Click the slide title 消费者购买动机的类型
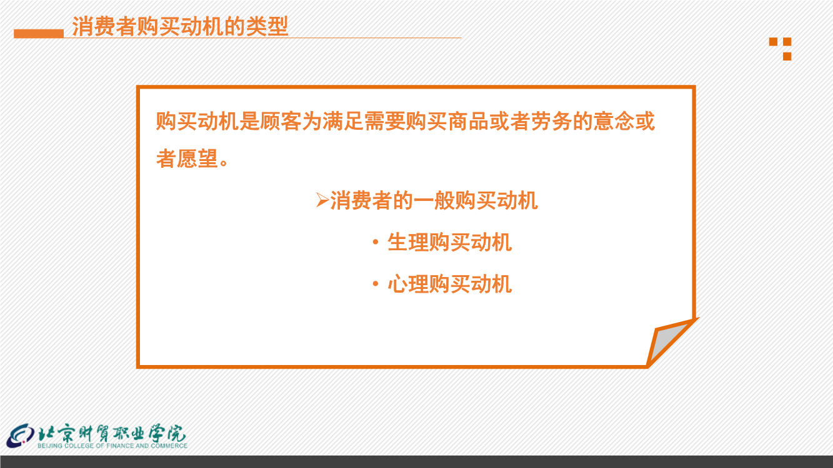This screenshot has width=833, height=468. point(180,26)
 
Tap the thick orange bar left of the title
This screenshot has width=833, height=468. point(39,34)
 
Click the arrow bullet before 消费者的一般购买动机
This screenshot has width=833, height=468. point(322,200)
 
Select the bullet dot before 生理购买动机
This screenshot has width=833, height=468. point(375,242)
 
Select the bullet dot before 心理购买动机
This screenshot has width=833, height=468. point(375,284)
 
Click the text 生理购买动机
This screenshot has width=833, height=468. point(449,242)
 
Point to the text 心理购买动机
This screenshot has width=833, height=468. point(449,284)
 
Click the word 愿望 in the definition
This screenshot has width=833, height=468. point(197,158)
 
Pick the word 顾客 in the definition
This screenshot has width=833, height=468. point(281,121)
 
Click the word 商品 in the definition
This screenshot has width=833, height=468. point(468,121)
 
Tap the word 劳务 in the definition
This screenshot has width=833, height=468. point(552,121)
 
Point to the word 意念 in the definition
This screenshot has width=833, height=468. point(614,121)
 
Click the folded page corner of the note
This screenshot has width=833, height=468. point(669,342)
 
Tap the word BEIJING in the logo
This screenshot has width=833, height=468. point(50,446)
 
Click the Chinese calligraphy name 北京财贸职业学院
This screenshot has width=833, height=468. point(112,433)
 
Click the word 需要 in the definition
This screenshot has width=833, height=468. point(385,121)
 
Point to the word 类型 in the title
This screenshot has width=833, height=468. point(267,26)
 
